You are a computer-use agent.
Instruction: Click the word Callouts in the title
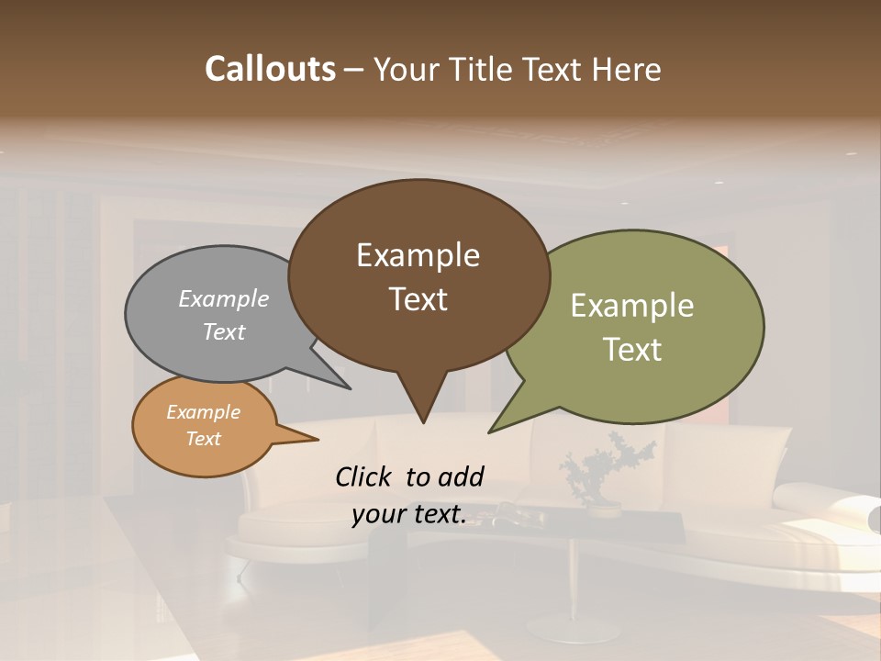click(270, 69)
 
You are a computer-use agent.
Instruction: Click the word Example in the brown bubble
click(418, 255)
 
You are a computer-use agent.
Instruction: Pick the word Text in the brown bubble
click(418, 299)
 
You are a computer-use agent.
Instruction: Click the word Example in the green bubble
click(632, 306)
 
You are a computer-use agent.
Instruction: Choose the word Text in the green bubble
click(632, 350)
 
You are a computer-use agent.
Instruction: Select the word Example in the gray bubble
click(224, 298)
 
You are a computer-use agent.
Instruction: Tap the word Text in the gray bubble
click(224, 331)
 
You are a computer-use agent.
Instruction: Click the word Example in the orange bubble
click(203, 412)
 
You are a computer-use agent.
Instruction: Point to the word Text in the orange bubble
click(203, 439)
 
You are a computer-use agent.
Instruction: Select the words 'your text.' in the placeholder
click(408, 515)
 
